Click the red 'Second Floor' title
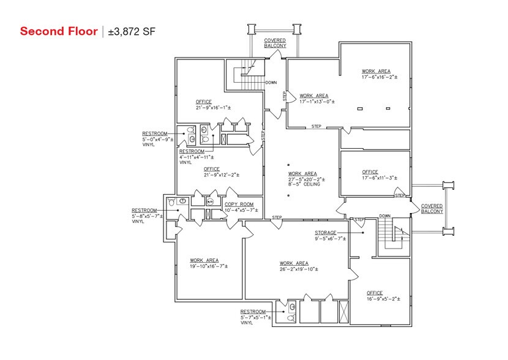59,31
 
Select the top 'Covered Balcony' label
275,43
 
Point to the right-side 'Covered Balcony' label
431,209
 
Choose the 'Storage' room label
326,233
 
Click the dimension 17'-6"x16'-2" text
379,78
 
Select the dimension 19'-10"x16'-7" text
209,266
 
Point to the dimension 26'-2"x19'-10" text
299,269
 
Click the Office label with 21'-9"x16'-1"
204,102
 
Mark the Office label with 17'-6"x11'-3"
370,172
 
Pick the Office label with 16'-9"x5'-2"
375,293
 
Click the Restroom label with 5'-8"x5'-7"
144,210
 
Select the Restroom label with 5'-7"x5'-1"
253,312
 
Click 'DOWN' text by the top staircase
272,83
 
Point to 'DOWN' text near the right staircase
384,216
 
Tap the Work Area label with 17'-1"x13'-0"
314,96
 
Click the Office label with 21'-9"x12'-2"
212,169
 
